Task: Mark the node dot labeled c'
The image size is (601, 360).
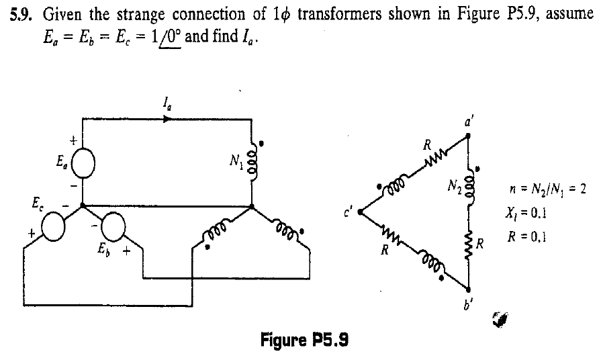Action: click(361, 213)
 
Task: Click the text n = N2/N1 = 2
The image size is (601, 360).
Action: click(551, 190)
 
